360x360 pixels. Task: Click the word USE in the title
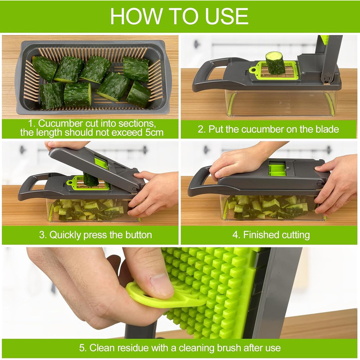(227, 16)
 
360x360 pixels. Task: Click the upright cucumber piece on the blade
(275, 63)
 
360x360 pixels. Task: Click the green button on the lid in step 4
(277, 169)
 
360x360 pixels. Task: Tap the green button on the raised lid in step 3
(101, 163)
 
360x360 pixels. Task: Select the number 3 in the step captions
(42, 235)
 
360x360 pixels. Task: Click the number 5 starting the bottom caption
(82, 348)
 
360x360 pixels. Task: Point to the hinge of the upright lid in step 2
(327, 79)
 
